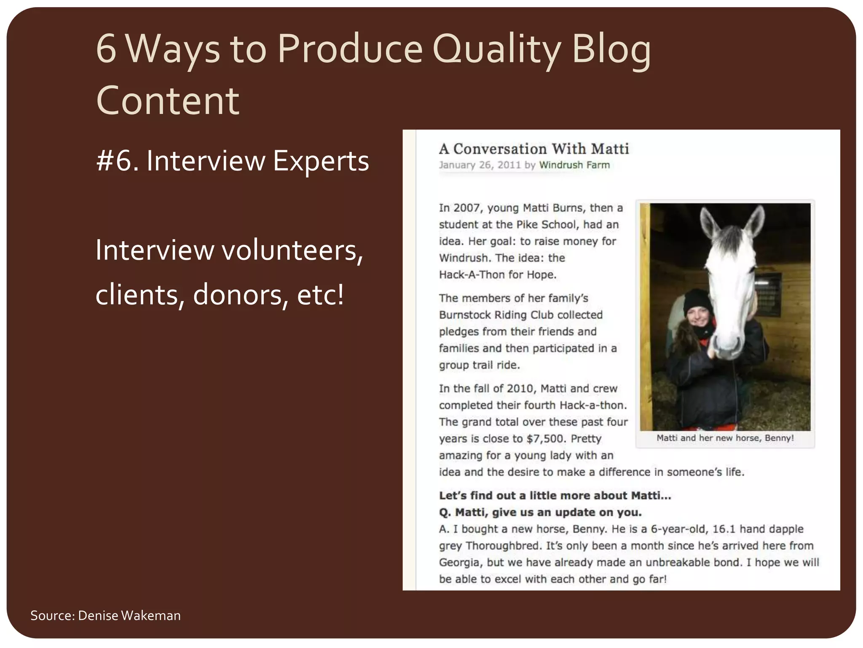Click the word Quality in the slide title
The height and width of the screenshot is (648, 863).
tap(496, 49)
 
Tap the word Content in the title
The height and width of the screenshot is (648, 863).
tap(168, 101)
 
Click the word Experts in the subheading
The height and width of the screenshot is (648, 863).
tap(321, 161)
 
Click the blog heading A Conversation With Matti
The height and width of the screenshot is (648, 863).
tap(533, 149)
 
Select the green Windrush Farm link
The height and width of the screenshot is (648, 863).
tap(574, 165)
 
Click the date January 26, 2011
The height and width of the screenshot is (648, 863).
tap(480, 165)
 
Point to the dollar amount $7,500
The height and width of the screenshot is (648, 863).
tap(545, 439)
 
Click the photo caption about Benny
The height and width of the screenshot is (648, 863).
tap(725, 438)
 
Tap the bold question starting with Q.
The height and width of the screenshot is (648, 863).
tap(540, 513)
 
